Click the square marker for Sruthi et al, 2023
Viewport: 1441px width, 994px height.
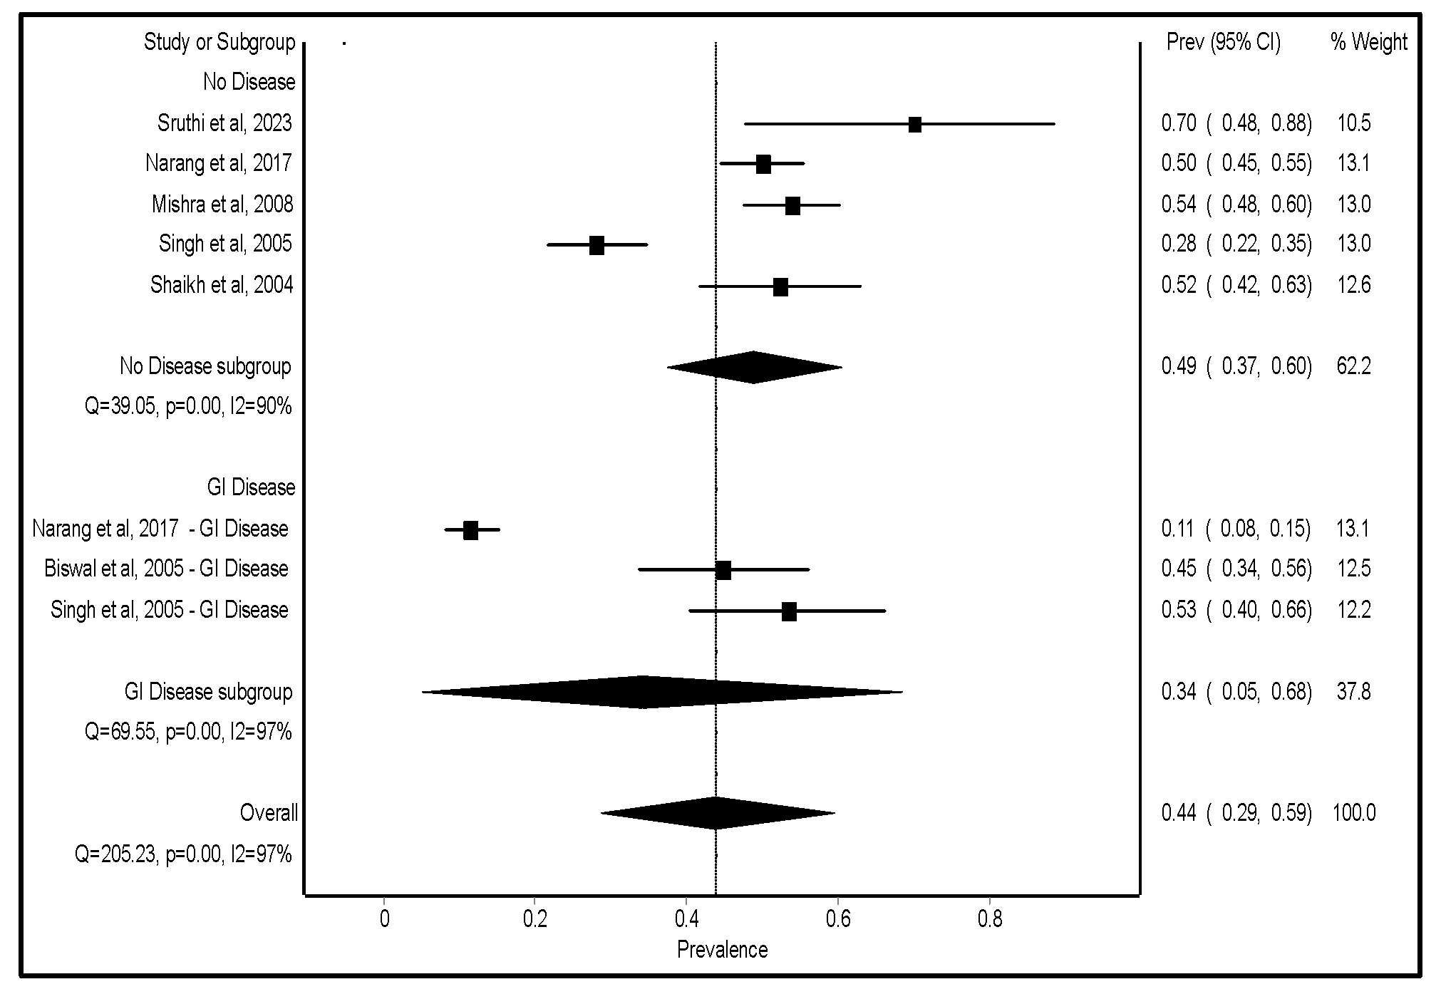coord(914,125)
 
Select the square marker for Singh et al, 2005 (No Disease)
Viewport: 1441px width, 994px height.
coord(596,245)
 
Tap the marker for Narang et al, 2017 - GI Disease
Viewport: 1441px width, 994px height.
coord(470,530)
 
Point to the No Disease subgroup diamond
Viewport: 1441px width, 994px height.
coord(753,367)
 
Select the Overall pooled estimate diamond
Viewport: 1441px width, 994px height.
coord(716,813)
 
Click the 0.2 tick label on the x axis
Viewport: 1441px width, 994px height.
coord(534,919)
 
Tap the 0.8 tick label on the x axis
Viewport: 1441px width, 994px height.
coord(989,919)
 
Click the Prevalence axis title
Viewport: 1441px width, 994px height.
coord(722,950)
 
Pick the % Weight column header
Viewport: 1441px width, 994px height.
coord(1368,42)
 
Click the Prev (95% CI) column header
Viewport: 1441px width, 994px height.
coord(1223,42)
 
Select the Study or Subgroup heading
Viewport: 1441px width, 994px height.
coord(219,42)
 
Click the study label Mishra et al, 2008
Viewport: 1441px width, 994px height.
coord(222,205)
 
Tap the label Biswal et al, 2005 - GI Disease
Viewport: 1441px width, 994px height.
coord(166,569)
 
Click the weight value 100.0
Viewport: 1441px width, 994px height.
coord(1353,813)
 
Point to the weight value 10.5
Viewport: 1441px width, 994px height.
coord(1353,123)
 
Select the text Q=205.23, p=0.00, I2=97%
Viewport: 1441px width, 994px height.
coord(183,854)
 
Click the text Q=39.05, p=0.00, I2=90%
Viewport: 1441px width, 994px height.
coord(188,407)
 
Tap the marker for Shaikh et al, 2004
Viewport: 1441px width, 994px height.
coord(780,287)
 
